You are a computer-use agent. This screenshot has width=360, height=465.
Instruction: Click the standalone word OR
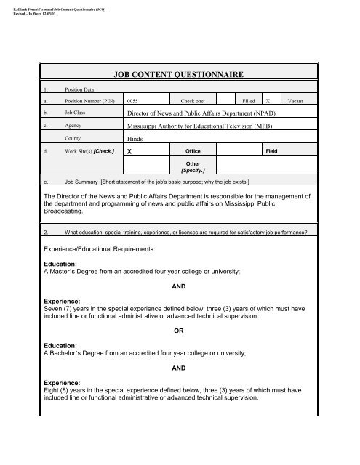180,331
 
